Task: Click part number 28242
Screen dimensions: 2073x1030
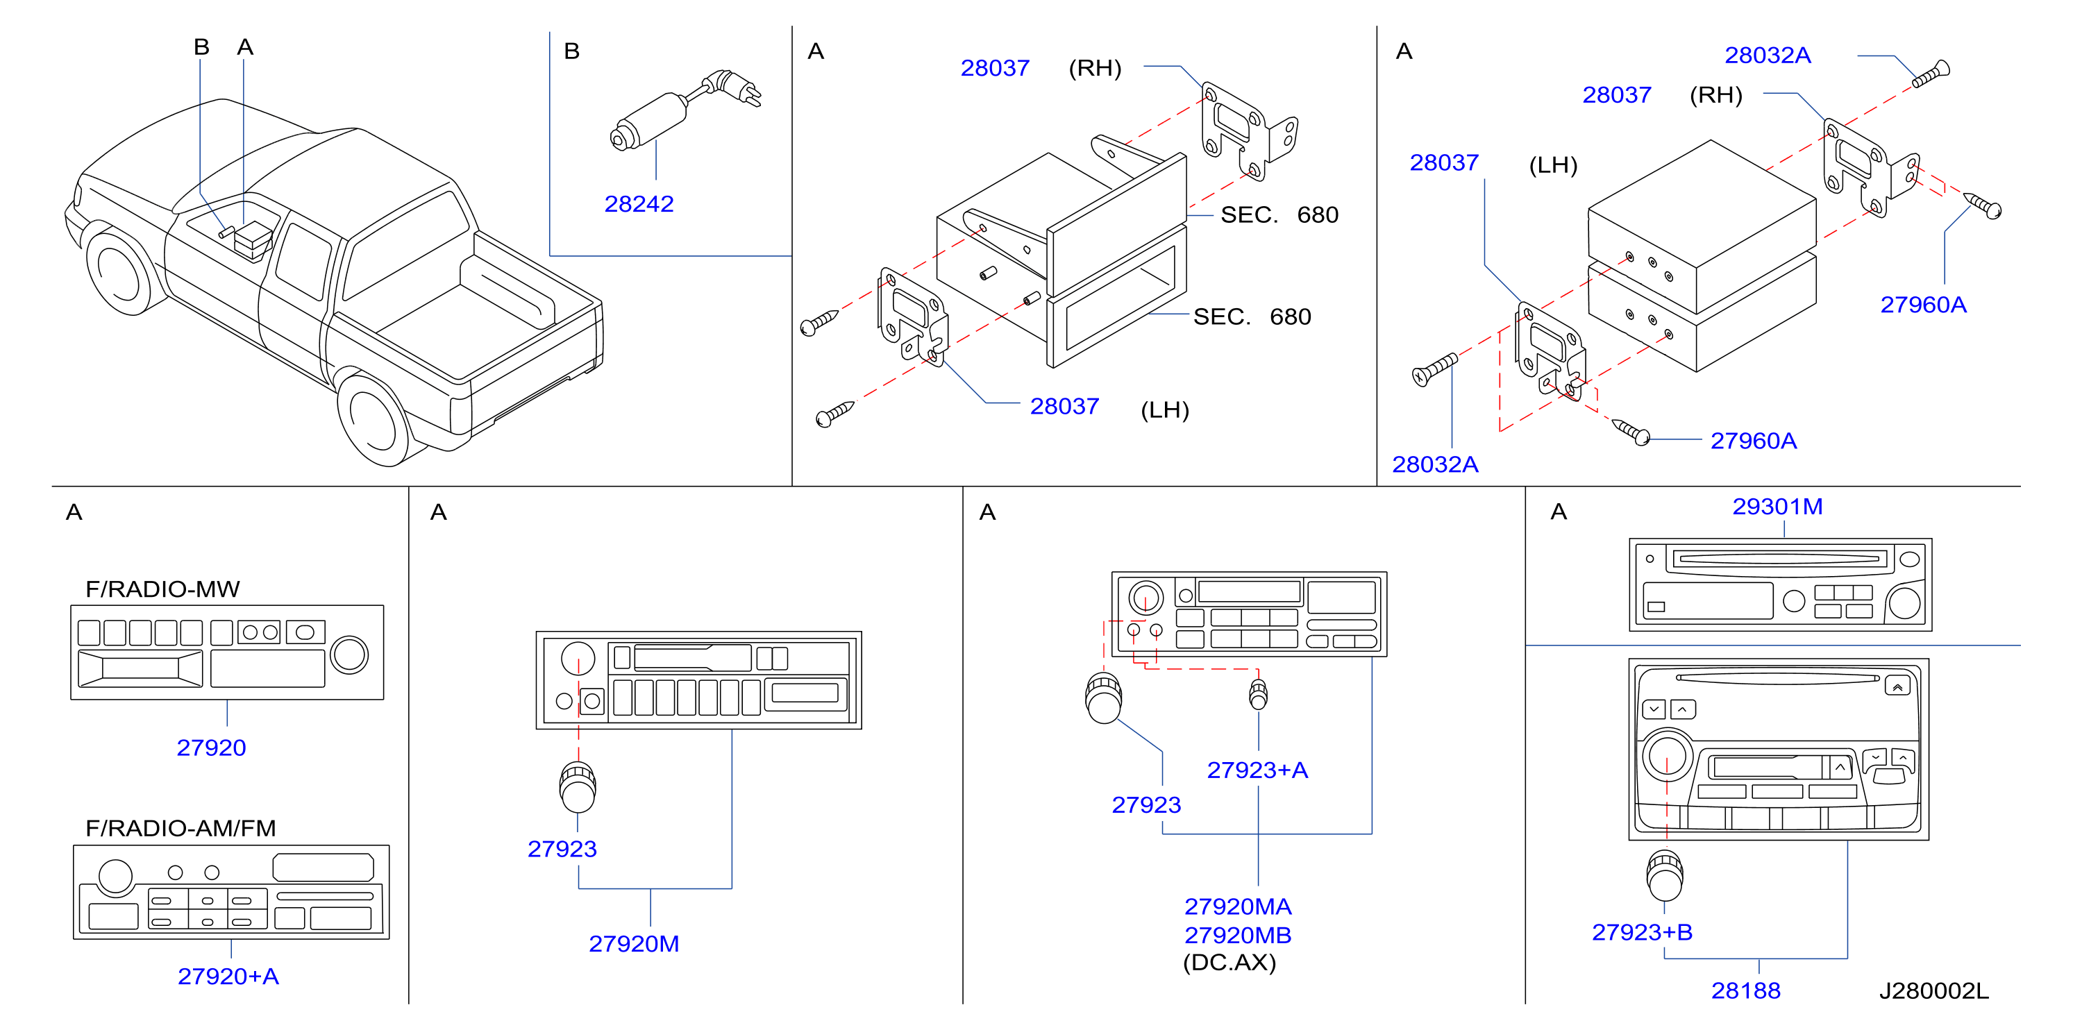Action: click(639, 203)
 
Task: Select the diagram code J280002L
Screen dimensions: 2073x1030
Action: click(1933, 990)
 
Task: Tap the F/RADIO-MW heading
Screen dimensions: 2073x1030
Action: click(162, 589)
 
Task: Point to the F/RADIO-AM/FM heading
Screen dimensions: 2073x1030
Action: click(181, 828)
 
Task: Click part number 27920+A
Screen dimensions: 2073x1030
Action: click(228, 976)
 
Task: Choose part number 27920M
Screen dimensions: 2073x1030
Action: click(634, 943)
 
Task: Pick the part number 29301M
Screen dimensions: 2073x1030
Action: click(1778, 506)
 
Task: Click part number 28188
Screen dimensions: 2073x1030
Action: click(1745, 990)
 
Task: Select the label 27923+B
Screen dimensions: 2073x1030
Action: click(1643, 932)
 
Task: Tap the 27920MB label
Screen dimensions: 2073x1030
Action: click(1238, 935)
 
